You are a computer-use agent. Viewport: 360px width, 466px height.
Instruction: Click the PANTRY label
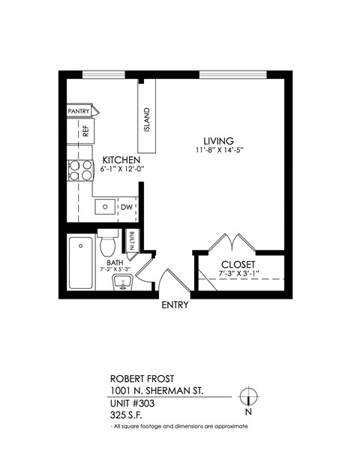[x=79, y=111]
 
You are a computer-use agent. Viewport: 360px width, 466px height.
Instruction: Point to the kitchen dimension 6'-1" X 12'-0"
[x=121, y=170]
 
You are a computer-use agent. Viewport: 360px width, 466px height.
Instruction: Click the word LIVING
[x=219, y=140]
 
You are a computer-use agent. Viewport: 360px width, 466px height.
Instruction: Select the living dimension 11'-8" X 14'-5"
[x=219, y=151]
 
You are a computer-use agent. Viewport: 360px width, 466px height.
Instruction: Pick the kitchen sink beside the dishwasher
[x=105, y=206]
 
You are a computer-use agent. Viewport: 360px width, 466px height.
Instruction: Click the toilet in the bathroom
[x=106, y=244]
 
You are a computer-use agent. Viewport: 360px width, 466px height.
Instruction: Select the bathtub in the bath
[x=81, y=263]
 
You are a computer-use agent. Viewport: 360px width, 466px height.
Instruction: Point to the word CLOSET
[x=239, y=265]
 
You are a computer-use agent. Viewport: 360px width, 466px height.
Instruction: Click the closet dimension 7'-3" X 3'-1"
[x=239, y=274]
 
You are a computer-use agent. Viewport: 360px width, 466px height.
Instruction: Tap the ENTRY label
[x=175, y=305]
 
